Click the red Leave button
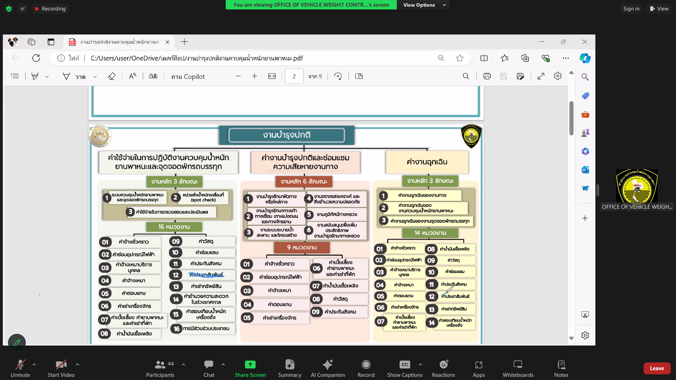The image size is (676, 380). point(657,368)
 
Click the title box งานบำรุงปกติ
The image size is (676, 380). point(287,135)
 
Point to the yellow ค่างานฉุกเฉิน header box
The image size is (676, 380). point(427,162)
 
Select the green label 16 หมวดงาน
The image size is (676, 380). point(174,227)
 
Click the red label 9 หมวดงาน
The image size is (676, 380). point(302,247)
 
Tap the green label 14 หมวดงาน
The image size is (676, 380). point(430,233)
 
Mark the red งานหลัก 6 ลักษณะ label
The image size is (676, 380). point(304,182)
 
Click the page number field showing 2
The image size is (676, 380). point(294,76)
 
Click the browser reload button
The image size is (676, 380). point(36,58)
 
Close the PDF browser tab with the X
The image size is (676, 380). point(168,42)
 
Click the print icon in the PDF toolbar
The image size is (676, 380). point(487,76)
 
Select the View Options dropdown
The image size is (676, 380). point(424,5)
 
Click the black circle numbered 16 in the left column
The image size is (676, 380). point(176,329)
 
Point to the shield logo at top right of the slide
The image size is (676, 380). point(471,136)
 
